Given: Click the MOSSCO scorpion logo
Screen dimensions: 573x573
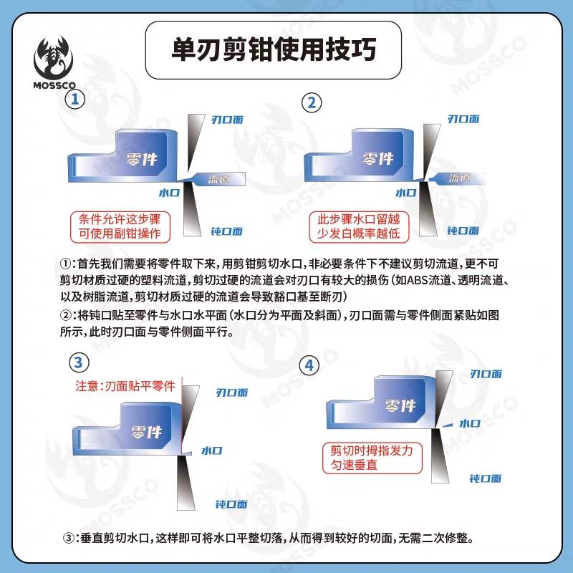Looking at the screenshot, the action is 54,62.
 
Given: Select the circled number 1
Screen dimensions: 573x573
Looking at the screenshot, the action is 75,99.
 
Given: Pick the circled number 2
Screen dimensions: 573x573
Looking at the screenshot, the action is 312,102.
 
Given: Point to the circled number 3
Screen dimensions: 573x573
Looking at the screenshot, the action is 79,362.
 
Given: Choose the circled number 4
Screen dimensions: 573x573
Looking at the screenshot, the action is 309,365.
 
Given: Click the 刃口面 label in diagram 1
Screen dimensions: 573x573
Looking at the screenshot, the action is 227,120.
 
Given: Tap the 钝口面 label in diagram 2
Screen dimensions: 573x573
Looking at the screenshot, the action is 463,231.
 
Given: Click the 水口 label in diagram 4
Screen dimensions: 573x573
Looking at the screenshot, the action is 470,423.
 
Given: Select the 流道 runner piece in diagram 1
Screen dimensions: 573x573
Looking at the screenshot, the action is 217,178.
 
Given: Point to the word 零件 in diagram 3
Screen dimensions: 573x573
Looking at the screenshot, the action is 147,433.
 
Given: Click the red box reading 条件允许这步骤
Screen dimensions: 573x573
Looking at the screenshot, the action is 120,227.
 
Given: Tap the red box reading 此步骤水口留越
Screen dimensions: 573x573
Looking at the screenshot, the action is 359,227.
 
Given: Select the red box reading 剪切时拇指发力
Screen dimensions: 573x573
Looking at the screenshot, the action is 372,458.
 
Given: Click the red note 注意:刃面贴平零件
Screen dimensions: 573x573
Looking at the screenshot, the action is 125,386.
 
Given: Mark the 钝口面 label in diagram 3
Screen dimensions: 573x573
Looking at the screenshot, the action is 231,504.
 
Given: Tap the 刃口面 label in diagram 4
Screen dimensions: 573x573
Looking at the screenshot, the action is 486,374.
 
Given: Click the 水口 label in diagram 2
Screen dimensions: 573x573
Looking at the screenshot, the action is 405,193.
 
